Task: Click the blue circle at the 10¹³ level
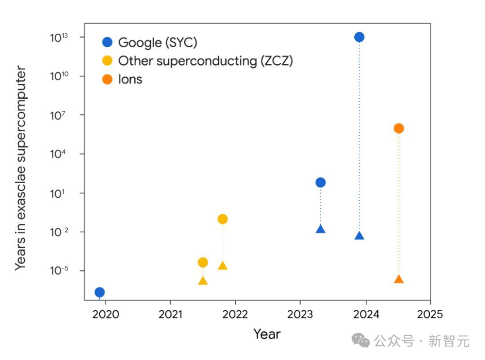tap(359, 37)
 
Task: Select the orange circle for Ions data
tap(399, 128)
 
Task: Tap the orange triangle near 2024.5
tap(399, 279)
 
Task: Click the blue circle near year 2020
tap(100, 292)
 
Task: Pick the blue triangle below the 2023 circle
tap(321, 229)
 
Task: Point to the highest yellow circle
tap(223, 219)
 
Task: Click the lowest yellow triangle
tap(203, 281)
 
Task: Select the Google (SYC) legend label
tap(158, 43)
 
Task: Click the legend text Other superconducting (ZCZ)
tap(205, 61)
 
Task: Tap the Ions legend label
tap(130, 79)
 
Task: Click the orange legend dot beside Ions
tap(107, 79)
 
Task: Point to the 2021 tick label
tap(171, 314)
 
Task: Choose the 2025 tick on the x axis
tap(430, 314)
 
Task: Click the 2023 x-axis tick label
tap(300, 314)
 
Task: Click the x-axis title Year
tap(267, 334)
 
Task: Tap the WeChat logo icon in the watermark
tap(361, 341)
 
